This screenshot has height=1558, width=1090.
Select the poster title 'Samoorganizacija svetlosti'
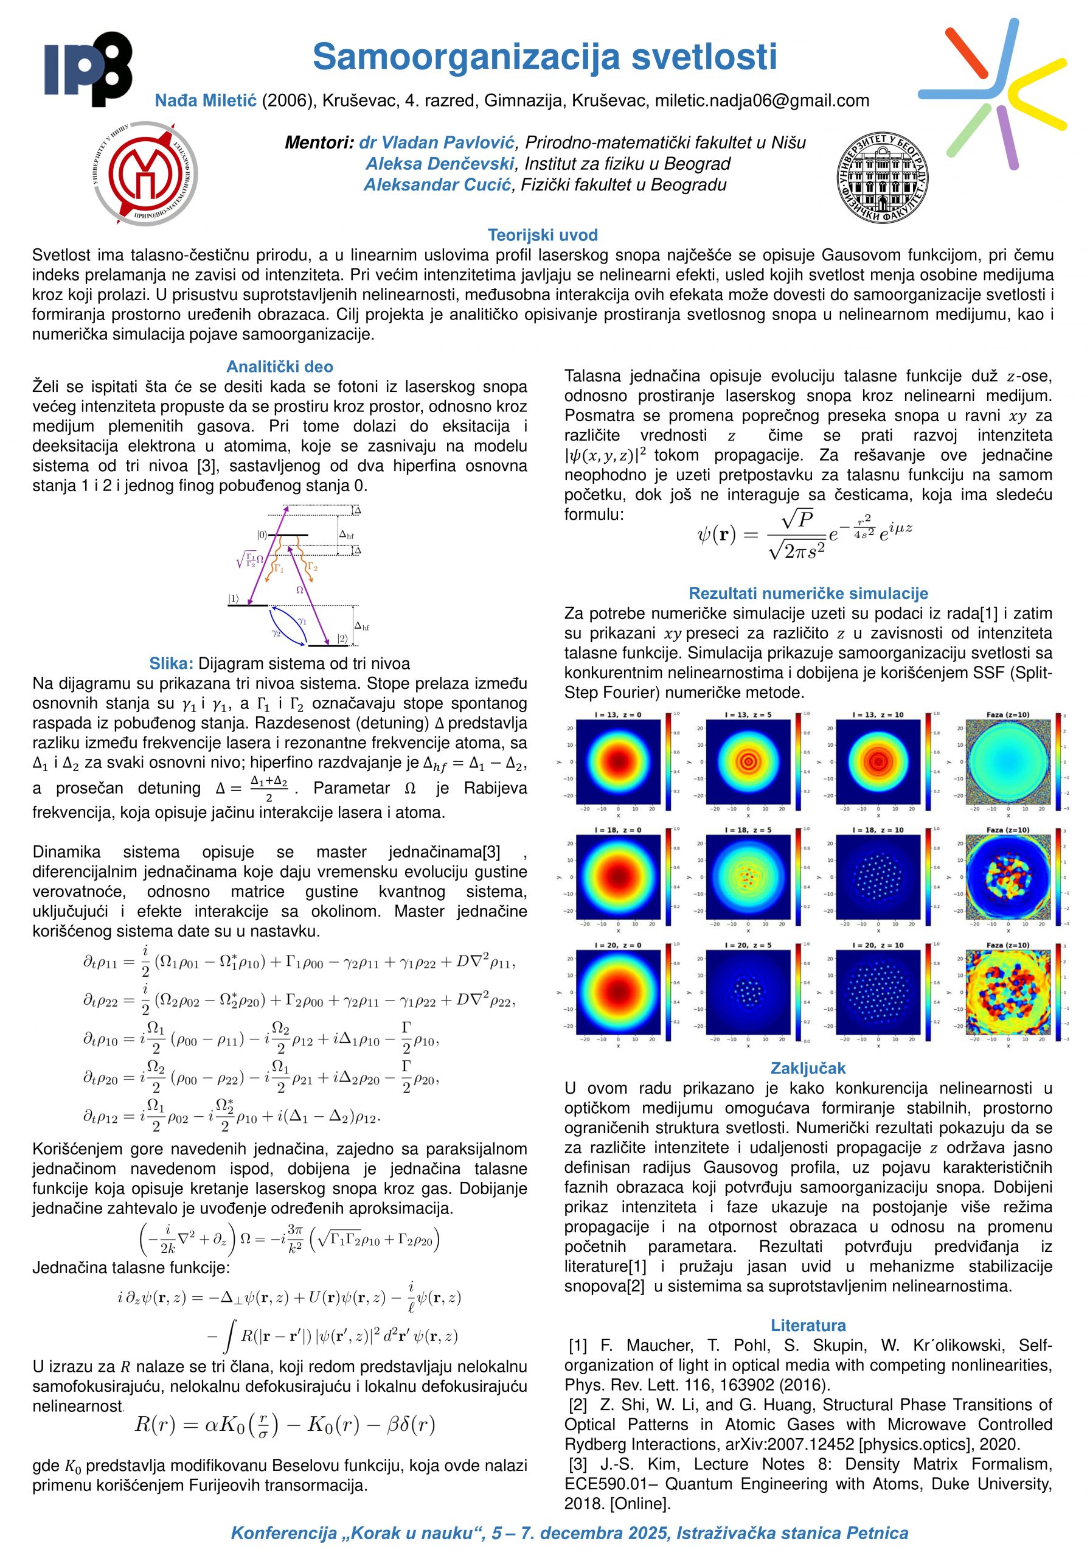544,57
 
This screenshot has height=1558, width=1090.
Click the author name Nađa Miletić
206,101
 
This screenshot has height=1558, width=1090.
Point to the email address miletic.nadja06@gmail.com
762,101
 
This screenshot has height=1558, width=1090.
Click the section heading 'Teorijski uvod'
543,236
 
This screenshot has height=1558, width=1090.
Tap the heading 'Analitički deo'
279,367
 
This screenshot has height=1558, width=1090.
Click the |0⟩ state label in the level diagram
262,536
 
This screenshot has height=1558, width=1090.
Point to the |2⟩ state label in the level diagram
342,638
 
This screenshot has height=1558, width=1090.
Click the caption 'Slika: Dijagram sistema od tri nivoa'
279,663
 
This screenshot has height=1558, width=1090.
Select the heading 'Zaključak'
808,1068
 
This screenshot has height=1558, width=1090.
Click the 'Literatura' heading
808,1326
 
